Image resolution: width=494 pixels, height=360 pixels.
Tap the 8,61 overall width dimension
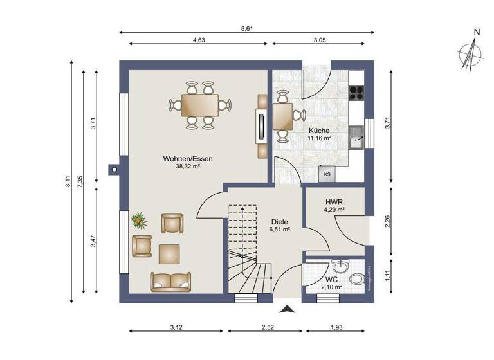pos(246,28)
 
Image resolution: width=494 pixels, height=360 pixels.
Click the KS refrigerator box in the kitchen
pos(327,174)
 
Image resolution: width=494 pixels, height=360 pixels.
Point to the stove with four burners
pos(356,94)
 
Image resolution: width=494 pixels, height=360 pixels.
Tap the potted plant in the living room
pos(139,221)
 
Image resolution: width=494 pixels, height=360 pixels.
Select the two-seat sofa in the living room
pos(170,281)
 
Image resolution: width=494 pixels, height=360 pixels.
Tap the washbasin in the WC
pos(340,266)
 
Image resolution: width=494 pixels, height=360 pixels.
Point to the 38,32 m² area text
pos(188,166)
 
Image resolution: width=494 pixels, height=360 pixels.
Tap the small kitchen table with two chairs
pos(282,116)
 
